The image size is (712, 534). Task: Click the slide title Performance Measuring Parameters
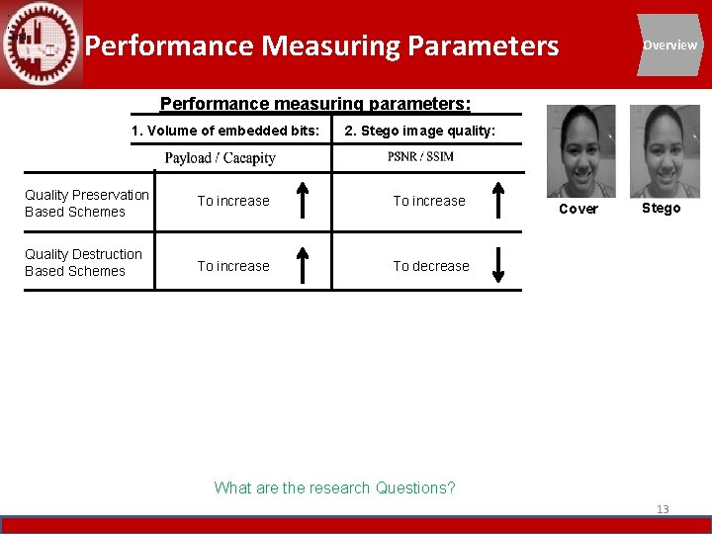(x=321, y=45)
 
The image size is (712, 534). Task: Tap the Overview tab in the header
(x=669, y=44)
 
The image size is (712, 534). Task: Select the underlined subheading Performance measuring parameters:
(x=315, y=104)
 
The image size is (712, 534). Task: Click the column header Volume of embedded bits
(x=225, y=131)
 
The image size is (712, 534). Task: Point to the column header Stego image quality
(x=419, y=131)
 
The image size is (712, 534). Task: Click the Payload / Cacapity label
(x=220, y=158)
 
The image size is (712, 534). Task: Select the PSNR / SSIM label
(x=420, y=157)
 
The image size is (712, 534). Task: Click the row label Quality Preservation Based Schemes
(x=87, y=203)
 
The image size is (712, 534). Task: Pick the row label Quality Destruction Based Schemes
(x=83, y=262)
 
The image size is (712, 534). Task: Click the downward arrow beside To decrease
(x=499, y=266)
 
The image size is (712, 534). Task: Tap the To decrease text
(x=431, y=266)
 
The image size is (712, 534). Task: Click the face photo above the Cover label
(x=580, y=151)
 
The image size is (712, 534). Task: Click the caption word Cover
(x=578, y=209)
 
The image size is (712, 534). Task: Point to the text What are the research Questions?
(x=334, y=488)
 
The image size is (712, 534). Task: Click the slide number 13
(x=663, y=509)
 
